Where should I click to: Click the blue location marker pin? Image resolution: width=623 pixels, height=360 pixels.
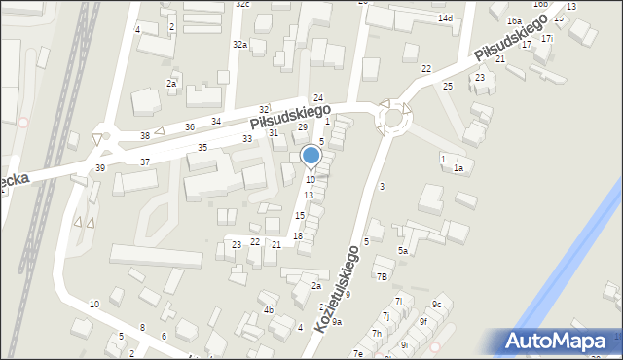point(311,155)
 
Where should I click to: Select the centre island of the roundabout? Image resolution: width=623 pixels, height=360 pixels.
point(394,118)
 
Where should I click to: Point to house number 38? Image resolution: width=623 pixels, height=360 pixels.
point(145,135)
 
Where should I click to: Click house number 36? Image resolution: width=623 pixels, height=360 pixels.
point(190,127)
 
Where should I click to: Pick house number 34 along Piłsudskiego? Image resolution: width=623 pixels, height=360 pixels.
point(216,121)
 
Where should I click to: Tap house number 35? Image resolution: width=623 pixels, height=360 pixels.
point(202,148)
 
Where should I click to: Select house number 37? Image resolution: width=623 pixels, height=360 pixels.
point(145,162)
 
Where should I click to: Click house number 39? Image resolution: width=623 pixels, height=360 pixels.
point(99,168)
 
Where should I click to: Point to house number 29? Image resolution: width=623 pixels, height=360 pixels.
point(302,127)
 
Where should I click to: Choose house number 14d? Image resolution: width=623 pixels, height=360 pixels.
point(445,18)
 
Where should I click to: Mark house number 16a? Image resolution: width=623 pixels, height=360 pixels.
point(514,20)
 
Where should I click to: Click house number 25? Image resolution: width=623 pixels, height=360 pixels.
point(448,87)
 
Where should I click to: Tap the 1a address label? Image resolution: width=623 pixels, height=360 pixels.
point(458,168)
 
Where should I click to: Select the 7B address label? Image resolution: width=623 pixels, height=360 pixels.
point(383,276)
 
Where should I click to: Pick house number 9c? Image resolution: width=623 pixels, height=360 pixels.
point(437,305)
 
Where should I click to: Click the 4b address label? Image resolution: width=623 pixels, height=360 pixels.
point(269,310)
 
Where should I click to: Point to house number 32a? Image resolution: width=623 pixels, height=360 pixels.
point(239,45)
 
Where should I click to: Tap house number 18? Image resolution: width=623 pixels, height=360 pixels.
point(298,236)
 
